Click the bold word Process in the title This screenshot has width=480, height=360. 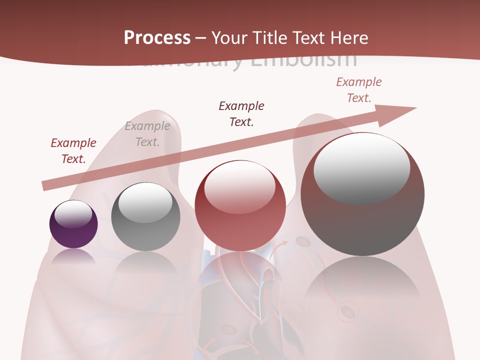point(157,38)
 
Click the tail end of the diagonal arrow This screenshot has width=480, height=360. point(46,185)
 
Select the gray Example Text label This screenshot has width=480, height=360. point(147,134)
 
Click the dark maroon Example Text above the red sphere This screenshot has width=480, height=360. point(241,113)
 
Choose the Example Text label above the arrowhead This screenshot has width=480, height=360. point(359,90)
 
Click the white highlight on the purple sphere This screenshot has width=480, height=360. point(73,214)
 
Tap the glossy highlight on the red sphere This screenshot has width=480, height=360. point(240,186)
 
